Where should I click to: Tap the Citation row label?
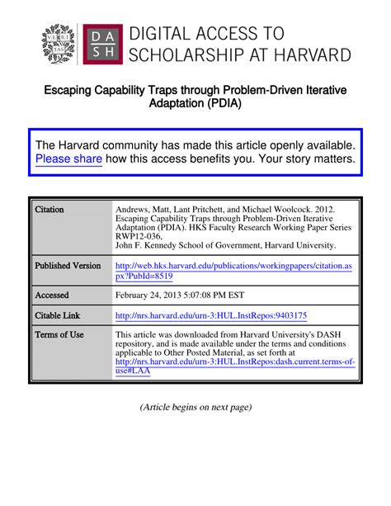pos(49,210)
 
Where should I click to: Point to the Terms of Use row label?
pos(59,334)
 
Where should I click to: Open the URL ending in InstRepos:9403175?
pos(211,315)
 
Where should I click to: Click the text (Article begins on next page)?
pos(195,407)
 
